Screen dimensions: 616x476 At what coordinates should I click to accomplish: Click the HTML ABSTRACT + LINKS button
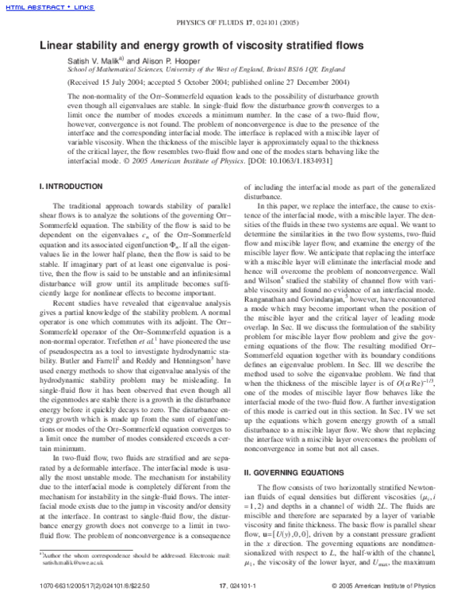(49, 7)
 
